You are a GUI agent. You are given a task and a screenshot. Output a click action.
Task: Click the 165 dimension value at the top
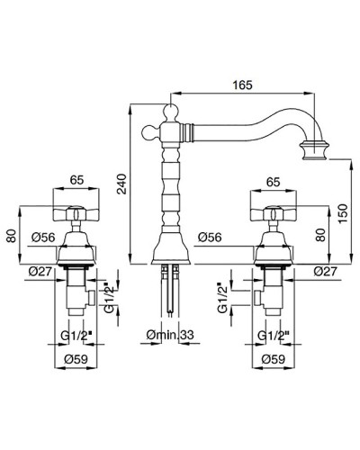click(x=243, y=85)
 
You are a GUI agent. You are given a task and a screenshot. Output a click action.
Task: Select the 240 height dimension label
click(x=122, y=184)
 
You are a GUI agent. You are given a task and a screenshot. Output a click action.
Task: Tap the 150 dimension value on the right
click(x=343, y=213)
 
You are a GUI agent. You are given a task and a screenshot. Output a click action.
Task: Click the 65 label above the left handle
click(x=76, y=180)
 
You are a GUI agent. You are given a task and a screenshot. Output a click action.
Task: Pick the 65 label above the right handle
click(x=273, y=182)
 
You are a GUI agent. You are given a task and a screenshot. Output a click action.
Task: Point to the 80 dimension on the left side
click(x=12, y=236)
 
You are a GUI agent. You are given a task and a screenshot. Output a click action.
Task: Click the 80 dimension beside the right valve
click(x=321, y=235)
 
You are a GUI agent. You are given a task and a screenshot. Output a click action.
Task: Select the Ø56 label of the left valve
click(x=43, y=238)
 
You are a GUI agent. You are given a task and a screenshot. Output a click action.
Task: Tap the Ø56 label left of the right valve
click(x=210, y=238)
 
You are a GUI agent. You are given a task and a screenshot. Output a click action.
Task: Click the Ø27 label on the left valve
click(x=40, y=272)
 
